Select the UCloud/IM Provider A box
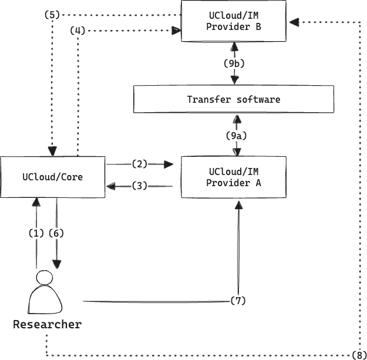pos(234,177)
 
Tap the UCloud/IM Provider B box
pos(234,21)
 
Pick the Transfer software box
pos(234,99)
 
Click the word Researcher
pos(47,324)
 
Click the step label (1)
pos(36,233)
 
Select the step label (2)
pos(139,164)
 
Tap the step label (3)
pos(139,186)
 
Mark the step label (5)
pos(52,15)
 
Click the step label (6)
pos(56,233)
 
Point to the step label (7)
pos(237,301)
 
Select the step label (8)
pos(359,354)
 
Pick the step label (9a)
pos(237,136)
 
